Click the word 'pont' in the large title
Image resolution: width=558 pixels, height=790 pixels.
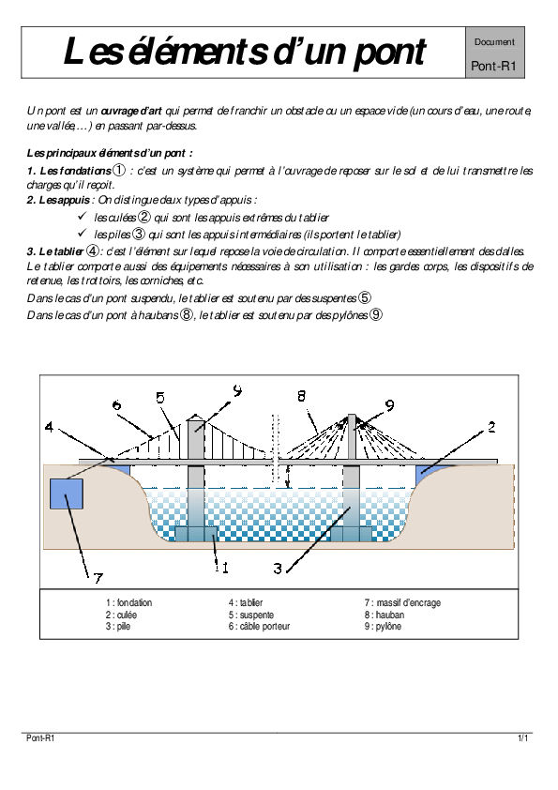pos(389,53)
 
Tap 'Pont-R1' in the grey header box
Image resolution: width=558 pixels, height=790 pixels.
pos(494,66)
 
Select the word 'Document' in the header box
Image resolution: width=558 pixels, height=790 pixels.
pos(494,42)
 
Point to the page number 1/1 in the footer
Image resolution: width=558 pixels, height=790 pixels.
pos(522,738)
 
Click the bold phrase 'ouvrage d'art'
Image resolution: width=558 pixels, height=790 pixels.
pos(131,111)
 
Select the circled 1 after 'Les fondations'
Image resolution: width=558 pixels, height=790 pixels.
pos(118,171)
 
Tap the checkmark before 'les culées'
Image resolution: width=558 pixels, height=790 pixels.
pos(83,216)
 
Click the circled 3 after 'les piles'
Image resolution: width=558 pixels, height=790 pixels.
pos(139,234)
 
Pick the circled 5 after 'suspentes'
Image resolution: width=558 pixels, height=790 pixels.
pos(365,297)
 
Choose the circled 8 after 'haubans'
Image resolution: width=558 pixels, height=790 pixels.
pos(187,315)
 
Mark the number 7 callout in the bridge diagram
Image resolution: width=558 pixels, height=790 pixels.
pos(98,577)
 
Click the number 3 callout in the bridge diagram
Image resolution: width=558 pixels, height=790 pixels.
pos(278,569)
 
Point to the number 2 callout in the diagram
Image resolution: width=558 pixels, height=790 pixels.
pos(491,427)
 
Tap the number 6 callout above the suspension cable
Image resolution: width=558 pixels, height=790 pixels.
pos(117,404)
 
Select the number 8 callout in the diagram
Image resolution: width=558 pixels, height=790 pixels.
pos(301,396)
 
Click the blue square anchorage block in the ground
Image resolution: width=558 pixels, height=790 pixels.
pos(66,494)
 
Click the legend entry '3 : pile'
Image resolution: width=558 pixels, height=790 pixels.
pos(118,626)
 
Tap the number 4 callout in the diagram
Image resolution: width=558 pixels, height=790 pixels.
pos(49,427)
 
